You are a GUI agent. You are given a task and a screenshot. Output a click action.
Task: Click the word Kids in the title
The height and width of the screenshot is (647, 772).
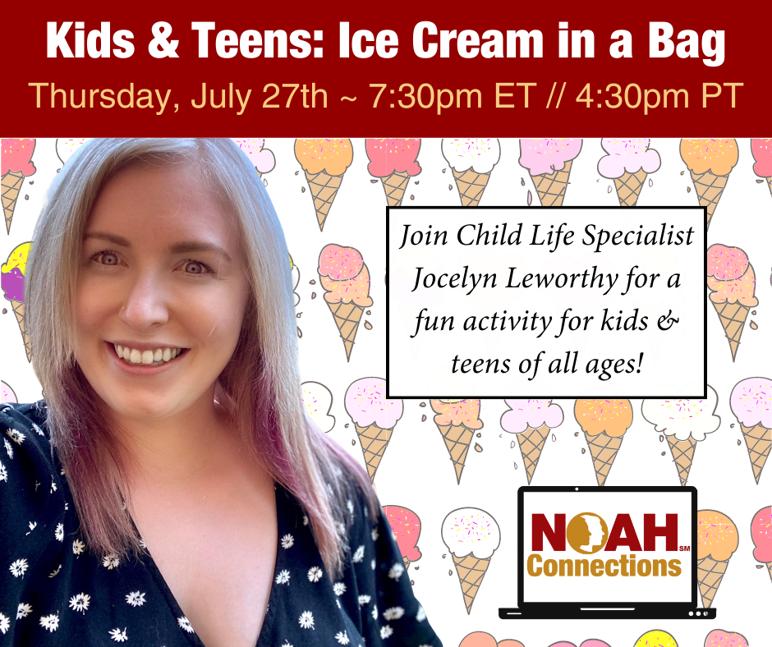click(90, 40)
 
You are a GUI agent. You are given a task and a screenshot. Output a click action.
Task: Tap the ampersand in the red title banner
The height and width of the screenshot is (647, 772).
click(163, 40)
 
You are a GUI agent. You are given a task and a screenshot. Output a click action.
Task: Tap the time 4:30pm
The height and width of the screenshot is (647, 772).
click(632, 97)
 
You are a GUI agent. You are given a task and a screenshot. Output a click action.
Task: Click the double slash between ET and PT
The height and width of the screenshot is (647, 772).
click(555, 95)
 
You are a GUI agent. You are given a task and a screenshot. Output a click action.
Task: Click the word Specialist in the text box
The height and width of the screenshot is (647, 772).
click(639, 236)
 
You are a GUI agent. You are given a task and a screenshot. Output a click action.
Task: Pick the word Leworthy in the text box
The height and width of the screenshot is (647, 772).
click(562, 279)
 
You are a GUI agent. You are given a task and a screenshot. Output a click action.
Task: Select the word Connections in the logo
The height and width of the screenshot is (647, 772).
click(604, 567)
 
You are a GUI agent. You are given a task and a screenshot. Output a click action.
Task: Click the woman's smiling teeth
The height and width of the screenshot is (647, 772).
click(148, 355)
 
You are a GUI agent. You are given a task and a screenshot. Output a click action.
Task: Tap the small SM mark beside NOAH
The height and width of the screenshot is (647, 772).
click(684, 548)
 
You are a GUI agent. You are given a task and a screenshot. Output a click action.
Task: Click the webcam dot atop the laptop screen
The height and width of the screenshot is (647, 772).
click(577, 489)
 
